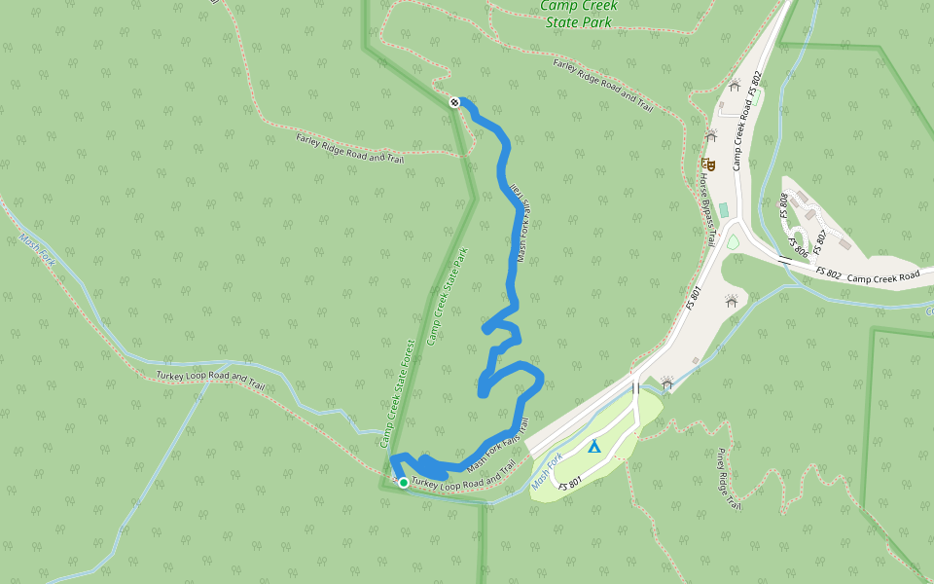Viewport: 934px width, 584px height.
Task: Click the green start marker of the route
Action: [x=404, y=482]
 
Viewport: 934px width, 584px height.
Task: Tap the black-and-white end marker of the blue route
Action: [x=454, y=102]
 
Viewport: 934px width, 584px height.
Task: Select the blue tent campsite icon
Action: [x=593, y=447]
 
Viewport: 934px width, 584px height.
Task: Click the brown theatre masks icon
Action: [x=710, y=165]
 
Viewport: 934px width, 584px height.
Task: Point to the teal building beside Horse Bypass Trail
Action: [x=723, y=209]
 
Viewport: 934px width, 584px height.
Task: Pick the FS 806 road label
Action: [x=799, y=248]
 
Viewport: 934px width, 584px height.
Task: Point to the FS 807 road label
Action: [x=819, y=237]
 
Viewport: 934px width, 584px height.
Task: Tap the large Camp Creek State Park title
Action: [x=578, y=12]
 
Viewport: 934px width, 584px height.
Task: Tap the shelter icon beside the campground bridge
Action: [x=666, y=383]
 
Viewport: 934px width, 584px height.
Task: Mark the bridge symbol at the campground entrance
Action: [x=635, y=387]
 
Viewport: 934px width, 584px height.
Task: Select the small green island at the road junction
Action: [x=732, y=241]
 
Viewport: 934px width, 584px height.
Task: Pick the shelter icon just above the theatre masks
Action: [x=711, y=136]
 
